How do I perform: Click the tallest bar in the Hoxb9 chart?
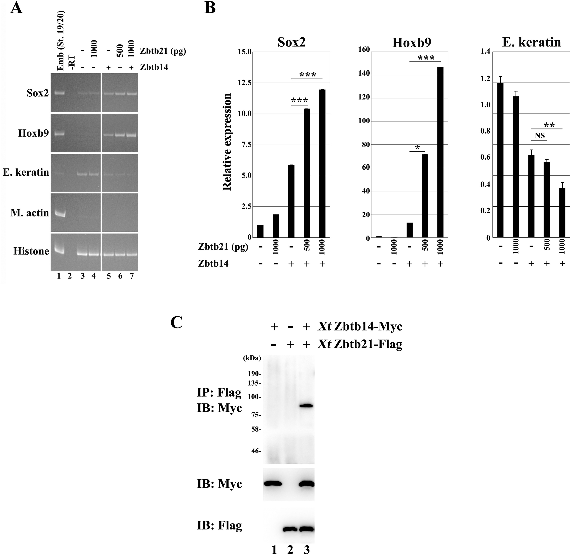[440, 152]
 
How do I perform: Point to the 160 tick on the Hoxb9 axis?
[364, 50]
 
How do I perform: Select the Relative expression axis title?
[227, 142]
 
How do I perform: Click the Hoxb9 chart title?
[412, 43]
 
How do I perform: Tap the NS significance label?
[539, 136]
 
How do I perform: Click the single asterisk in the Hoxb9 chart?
[417, 148]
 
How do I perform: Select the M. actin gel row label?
[30, 213]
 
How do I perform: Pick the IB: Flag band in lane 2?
[290, 529]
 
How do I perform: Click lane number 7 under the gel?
[132, 276]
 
